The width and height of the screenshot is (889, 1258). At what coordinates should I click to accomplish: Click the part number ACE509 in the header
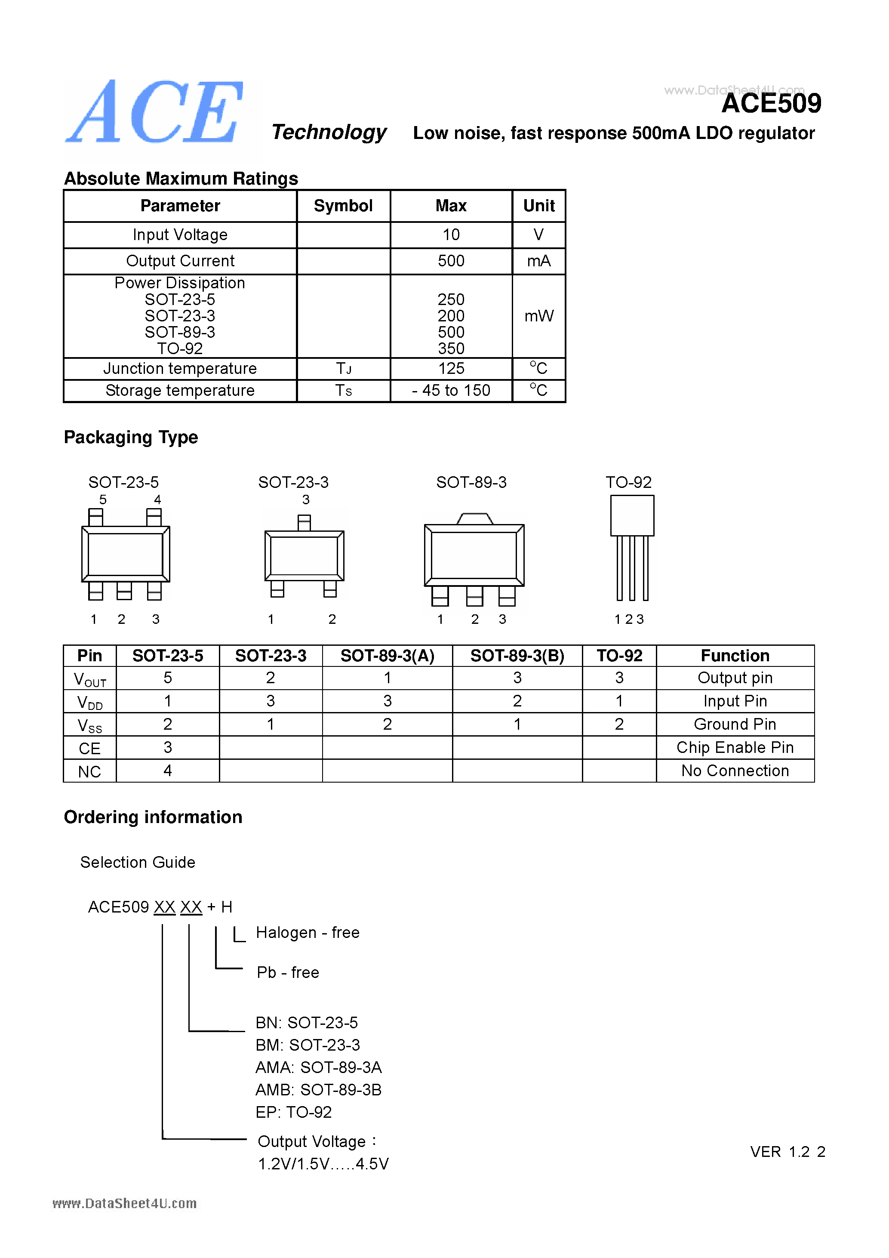click(771, 104)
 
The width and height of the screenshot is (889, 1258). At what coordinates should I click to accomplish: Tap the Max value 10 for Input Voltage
click(451, 235)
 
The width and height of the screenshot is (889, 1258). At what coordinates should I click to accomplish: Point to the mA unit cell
click(538, 261)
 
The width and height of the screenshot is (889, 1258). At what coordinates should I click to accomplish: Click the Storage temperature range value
click(451, 391)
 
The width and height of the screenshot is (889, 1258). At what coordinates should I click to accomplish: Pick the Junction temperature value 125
click(451, 369)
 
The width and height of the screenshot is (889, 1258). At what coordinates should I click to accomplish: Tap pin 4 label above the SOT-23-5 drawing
click(158, 499)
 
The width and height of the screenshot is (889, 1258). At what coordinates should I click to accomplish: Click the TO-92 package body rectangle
click(632, 515)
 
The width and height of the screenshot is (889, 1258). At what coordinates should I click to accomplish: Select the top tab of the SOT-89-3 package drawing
click(474, 518)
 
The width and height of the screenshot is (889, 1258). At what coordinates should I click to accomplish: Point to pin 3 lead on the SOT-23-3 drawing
click(304, 522)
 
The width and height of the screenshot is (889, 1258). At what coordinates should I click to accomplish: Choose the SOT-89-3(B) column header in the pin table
click(517, 656)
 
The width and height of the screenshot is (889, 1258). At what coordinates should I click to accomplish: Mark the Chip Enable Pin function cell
click(735, 748)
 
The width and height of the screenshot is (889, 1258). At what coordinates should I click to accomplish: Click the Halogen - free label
click(307, 933)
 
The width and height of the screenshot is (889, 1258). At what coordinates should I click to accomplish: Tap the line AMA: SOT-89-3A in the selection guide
click(318, 1067)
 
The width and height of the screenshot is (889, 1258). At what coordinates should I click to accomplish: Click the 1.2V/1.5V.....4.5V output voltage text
click(323, 1164)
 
